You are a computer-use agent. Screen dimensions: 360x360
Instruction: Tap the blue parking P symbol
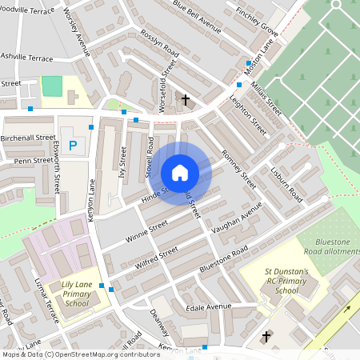[x=74, y=146]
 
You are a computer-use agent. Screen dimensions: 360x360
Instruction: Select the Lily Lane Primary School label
[x=78, y=290]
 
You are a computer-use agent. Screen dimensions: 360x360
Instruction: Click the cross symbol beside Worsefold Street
[x=186, y=100]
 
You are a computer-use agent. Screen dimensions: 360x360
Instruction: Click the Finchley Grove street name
[x=258, y=21]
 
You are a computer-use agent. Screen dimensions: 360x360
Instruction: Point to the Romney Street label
[x=238, y=169]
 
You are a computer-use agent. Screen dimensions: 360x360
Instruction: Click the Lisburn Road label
[x=286, y=184]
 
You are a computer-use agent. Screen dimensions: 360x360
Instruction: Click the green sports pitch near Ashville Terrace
[x=51, y=86]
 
